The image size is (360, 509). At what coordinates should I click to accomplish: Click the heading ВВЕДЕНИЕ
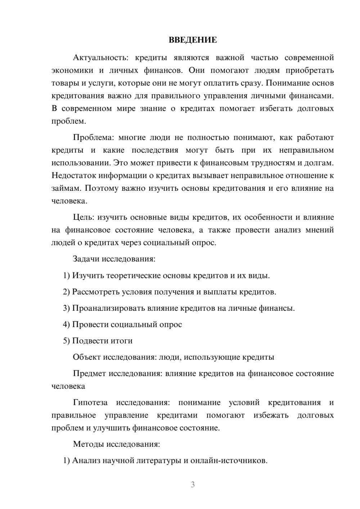pos(193,40)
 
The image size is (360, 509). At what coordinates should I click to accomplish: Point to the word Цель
pos(84,217)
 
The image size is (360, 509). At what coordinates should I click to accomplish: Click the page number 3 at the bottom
pos(193,485)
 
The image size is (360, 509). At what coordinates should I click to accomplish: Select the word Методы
pos(88,444)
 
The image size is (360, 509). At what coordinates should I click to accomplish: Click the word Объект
pos(86,357)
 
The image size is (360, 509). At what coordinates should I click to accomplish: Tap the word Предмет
pos(89,374)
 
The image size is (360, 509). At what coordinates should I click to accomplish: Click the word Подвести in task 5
pos(89,341)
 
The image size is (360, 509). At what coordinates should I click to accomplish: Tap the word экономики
pos(72,71)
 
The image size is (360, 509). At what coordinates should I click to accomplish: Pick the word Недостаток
pos(73,176)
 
